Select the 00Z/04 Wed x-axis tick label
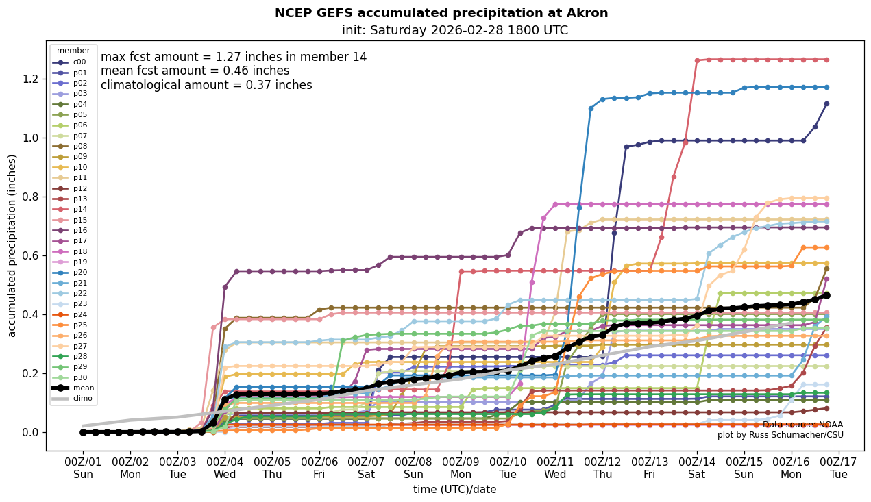point(225,468)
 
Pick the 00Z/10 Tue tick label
point(508,468)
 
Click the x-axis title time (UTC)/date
point(454,490)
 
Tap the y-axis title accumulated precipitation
point(12,245)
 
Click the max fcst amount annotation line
point(234,57)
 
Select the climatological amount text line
point(206,85)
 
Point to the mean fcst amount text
point(195,71)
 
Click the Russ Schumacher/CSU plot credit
point(780,435)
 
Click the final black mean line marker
point(826,295)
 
